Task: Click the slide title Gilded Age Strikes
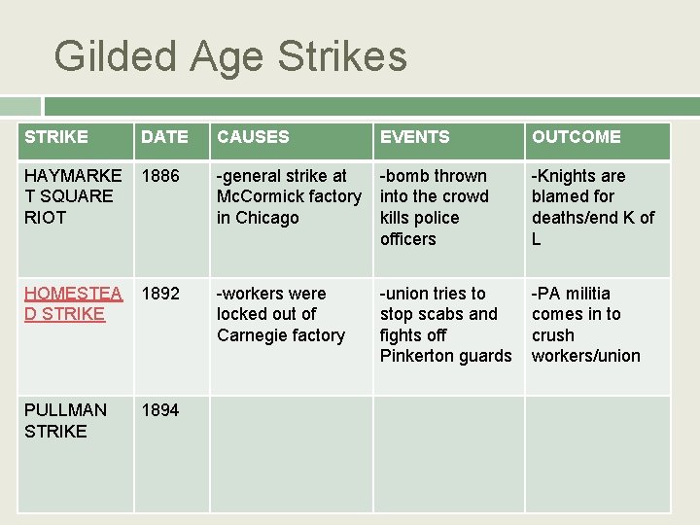click(230, 56)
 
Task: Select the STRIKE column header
click(56, 137)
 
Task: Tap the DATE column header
click(164, 137)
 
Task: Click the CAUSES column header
click(253, 137)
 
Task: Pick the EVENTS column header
click(414, 137)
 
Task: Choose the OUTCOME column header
click(576, 137)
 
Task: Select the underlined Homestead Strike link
click(73, 303)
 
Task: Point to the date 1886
click(160, 176)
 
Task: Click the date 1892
click(160, 294)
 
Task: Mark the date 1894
click(160, 410)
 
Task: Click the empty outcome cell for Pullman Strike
click(598, 454)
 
